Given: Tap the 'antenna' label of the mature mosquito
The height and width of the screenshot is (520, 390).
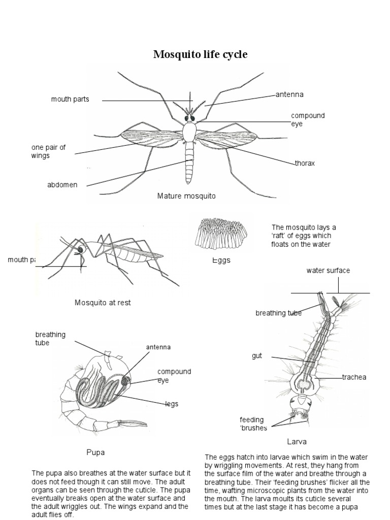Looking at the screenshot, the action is coord(289,94).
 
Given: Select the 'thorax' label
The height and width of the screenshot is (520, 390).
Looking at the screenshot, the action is coord(305,164).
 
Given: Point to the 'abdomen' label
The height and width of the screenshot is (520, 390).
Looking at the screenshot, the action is coord(62,185).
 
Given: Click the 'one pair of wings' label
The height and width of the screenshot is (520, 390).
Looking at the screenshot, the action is coord(48,152).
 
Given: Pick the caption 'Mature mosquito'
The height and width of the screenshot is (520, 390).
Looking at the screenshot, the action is coord(186,196).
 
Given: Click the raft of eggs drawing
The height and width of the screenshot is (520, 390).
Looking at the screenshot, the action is coord(221,235).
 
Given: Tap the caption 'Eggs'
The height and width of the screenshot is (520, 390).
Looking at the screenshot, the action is coord(221,260).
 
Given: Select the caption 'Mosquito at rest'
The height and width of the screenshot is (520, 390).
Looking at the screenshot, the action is coord(103,303).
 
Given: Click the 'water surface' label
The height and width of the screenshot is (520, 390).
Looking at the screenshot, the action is coord(328,271).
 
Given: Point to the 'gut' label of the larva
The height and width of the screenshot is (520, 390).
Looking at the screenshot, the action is coord(257,356).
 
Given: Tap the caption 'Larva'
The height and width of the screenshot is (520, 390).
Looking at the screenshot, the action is coord(296,441).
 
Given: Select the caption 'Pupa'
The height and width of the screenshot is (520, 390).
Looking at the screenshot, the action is coord(95,451).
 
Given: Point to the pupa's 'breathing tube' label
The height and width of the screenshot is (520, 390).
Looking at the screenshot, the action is coord(50,338).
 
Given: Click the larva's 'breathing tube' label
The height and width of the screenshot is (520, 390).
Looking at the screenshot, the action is coord(278,313).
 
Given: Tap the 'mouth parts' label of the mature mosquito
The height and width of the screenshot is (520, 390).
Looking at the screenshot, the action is coord(70,99).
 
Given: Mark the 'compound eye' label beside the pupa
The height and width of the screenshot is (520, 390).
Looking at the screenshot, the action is coord(174,376).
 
